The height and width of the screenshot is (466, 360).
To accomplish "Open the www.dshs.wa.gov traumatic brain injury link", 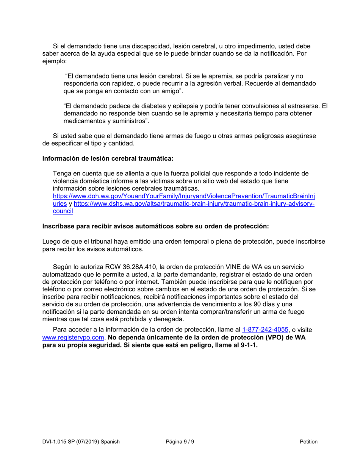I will pyautogui.click(x=194, y=204).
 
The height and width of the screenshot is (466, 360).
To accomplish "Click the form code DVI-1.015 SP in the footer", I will pyautogui.click(x=67, y=441).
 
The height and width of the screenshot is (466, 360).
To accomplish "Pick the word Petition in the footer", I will pyautogui.click(x=308, y=441).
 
